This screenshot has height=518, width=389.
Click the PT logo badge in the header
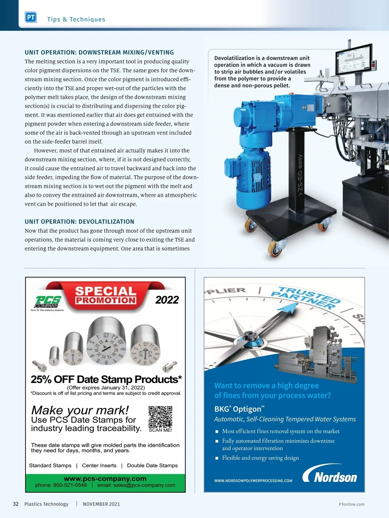click(x=31, y=17)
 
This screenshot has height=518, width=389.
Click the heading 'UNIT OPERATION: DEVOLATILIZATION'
click(x=79, y=222)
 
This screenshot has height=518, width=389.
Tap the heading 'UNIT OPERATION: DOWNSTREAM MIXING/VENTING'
click(x=99, y=52)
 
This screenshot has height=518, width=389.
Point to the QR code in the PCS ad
click(x=160, y=417)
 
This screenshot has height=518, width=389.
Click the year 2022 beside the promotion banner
click(x=167, y=300)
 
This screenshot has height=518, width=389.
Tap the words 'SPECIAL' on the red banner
click(x=106, y=291)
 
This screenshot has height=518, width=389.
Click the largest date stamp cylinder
click(x=106, y=342)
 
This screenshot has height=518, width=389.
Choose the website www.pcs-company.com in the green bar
click(x=105, y=479)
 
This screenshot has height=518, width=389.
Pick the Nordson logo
click(x=330, y=475)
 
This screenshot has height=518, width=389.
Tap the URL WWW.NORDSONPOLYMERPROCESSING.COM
click(x=253, y=481)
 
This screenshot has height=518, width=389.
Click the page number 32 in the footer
click(x=16, y=504)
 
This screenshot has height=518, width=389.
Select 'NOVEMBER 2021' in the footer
click(x=101, y=504)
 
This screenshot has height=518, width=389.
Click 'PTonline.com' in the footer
click(x=351, y=504)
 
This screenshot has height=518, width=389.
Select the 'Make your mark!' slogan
click(x=80, y=410)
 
